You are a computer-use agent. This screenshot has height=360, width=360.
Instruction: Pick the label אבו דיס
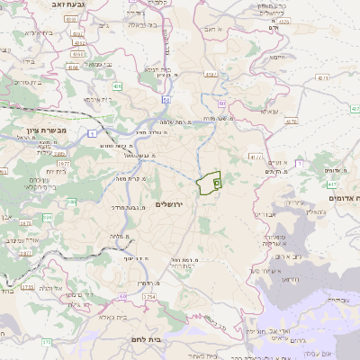click(x=267, y=213)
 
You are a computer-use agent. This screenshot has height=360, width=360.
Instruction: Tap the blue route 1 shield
click(x=93, y=134)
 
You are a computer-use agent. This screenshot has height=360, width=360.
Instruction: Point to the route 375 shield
click(x=47, y=342)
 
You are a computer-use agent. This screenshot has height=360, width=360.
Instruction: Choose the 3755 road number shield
click(x=28, y=287)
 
